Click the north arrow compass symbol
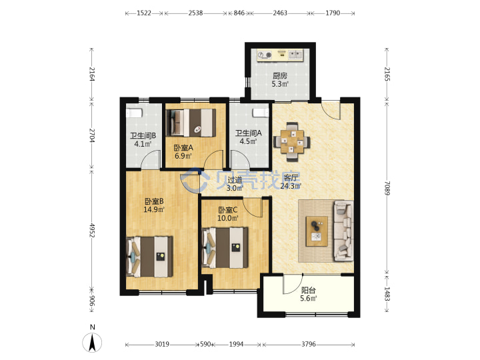click(x=92, y=342)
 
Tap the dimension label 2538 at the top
click(x=195, y=13)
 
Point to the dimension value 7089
click(x=387, y=188)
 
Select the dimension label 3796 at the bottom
click(x=308, y=344)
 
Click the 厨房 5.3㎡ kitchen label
click(x=280, y=79)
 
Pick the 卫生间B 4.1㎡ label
click(x=143, y=139)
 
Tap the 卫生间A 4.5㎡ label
click(x=248, y=137)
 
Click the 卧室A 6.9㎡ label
click(x=183, y=151)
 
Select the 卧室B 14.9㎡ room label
click(x=154, y=205)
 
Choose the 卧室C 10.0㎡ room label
click(x=228, y=214)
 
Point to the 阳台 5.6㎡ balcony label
click(x=308, y=294)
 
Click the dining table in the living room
click(x=292, y=142)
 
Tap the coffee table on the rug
click(x=317, y=231)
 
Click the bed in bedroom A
click(x=191, y=123)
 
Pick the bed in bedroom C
click(x=225, y=247)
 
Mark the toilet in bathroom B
click(x=135, y=112)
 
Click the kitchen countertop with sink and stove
click(x=280, y=55)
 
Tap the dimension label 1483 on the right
click(x=387, y=294)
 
